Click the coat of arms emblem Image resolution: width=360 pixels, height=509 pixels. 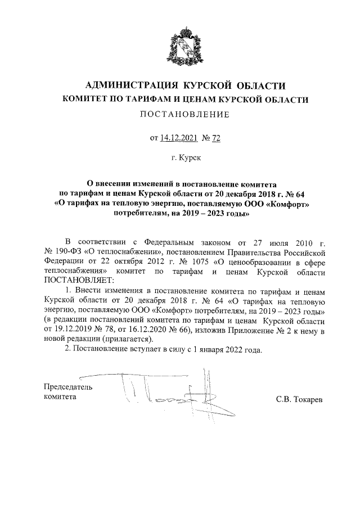(180, 43)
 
